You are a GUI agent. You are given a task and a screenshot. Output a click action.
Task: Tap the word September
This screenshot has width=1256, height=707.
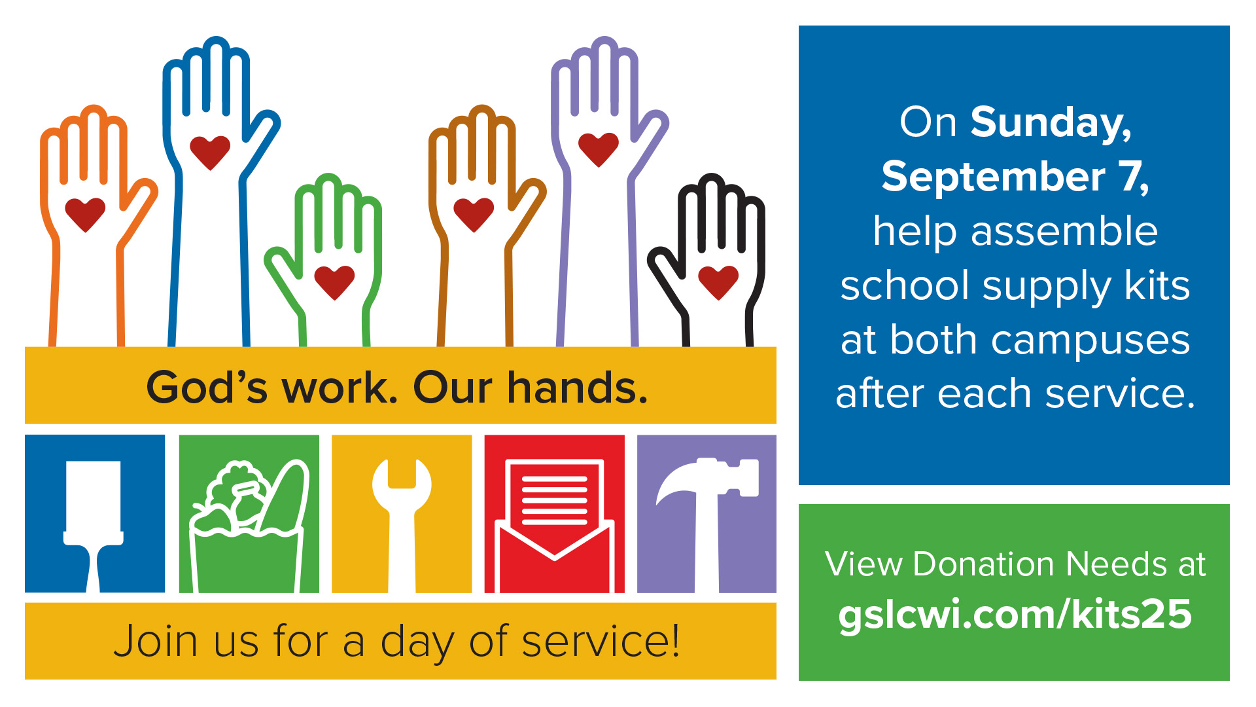pyautogui.click(x=993, y=177)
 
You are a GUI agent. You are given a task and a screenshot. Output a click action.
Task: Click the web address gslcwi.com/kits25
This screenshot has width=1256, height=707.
pyautogui.click(x=1015, y=614)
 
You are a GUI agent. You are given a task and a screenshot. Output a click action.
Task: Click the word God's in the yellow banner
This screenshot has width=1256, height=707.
pyautogui.click(x=207, y=388)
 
